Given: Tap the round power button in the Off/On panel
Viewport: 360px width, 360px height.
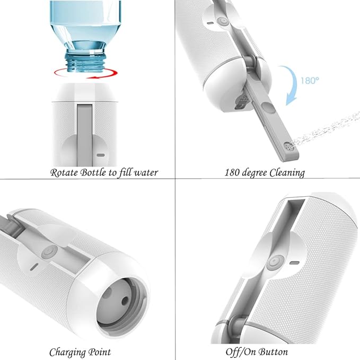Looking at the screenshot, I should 274,262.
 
